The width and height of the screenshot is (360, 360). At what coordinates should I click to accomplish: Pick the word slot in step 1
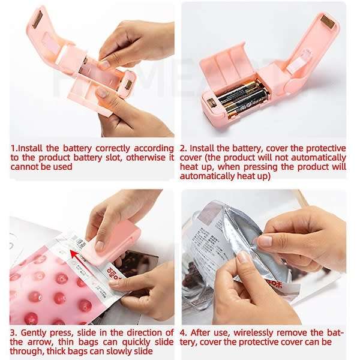(120, 157)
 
